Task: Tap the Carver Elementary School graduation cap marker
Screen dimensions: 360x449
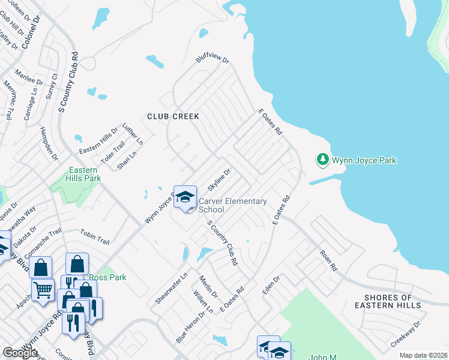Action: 185,197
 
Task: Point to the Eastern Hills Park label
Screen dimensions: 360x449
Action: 83,174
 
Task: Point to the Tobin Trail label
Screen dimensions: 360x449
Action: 95,238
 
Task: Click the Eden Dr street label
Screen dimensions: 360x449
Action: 271,285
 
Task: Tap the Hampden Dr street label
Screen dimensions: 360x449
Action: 49,143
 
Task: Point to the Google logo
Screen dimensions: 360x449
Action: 20,353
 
